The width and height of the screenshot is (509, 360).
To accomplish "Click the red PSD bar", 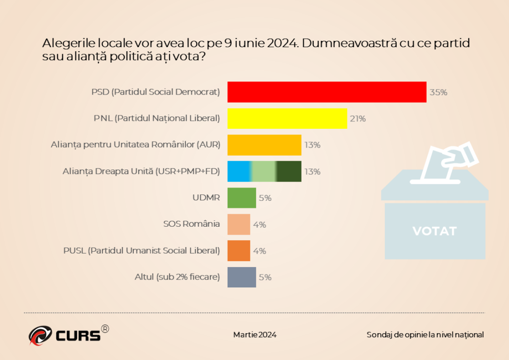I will [327, 92].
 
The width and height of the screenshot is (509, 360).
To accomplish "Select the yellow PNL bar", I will [287, 118].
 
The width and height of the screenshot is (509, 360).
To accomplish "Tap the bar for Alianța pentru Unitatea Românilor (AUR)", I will [264, 145].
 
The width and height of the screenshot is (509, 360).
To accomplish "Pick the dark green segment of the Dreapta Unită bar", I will [289, 171].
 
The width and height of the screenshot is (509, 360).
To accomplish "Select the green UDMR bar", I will [242, 197].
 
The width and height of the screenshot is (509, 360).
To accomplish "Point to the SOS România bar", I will [239, 224].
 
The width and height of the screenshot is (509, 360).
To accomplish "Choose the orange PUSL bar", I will [239, 251].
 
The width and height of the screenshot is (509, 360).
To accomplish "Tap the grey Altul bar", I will [242, 277].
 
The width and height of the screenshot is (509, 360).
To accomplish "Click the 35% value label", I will [438, 92].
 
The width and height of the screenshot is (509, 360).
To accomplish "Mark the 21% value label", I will [358, 119].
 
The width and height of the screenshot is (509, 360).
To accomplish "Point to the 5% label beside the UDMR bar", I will [265, 198].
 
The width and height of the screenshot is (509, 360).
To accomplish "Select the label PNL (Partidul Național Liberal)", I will [157, 119].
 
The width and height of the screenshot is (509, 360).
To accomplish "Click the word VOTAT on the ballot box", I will [434, 231].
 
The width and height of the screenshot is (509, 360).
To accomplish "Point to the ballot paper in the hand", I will [460, 155].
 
